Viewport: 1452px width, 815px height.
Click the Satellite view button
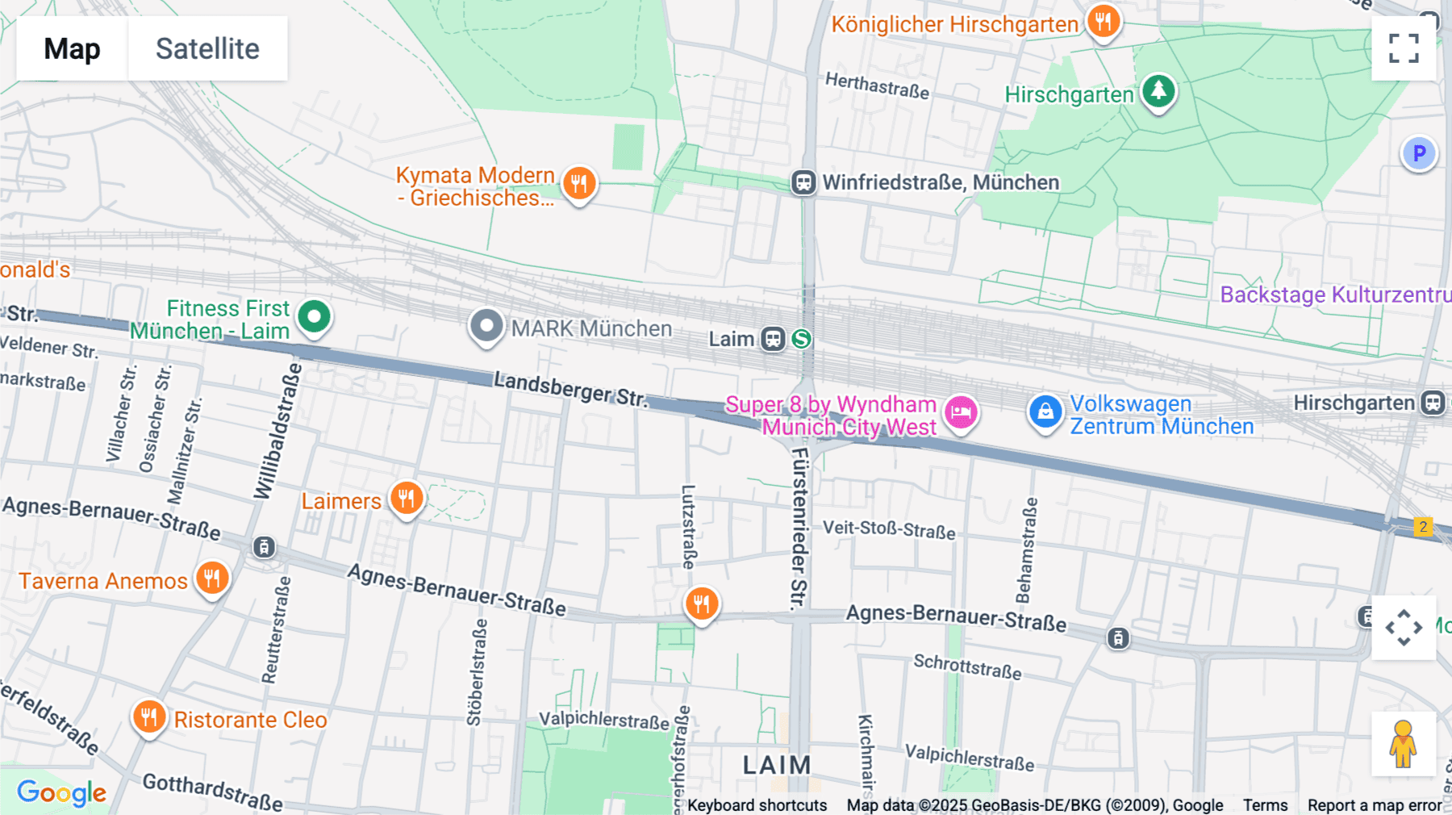point(207,48)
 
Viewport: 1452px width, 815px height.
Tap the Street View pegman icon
point(1403,744)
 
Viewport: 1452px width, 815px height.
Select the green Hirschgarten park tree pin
point(1158,90)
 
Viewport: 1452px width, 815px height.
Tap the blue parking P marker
point(1419,153)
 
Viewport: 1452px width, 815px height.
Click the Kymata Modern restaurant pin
point(578,183)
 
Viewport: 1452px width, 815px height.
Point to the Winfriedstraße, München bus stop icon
point(803,182)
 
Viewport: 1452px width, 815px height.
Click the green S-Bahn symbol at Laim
point(801,339)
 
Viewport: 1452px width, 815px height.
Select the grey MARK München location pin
point(486,326)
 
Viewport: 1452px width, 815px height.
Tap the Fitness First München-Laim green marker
point(314,316)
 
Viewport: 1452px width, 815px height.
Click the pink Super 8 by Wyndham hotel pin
point(961,412)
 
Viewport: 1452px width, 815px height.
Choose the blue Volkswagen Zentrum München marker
point(1045,412)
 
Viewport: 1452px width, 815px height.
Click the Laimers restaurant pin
point(407,499)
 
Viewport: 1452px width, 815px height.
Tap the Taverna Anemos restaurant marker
point(212,578)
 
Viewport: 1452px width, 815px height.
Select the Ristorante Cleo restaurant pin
point(149,716)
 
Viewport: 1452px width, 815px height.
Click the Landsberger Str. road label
point(570,389)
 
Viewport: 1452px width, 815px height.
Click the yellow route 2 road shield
point(1423,527)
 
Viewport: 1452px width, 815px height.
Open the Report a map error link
point(1374,805)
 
